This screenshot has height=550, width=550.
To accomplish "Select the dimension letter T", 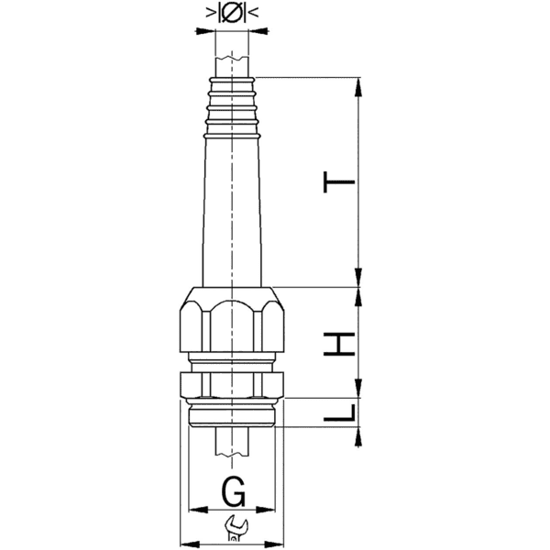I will pos(340,183).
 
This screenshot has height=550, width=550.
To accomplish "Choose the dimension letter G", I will pos(234,493).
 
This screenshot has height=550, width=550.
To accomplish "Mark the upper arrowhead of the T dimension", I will pos(357,84).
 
